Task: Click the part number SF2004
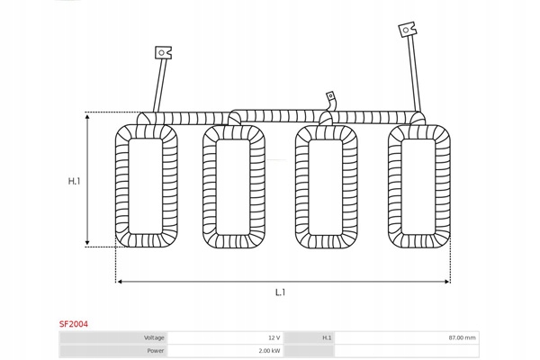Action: coord(75,321)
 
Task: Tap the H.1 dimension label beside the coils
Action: coord(75,181)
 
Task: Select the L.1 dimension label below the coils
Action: coord(281,292)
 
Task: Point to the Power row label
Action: coord(155,350)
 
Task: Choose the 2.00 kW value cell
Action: coord(269,350)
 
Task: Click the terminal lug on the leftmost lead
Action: coord(163,52)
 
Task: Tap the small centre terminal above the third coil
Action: coord(330,95)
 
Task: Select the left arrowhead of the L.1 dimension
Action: coord(120,282)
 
